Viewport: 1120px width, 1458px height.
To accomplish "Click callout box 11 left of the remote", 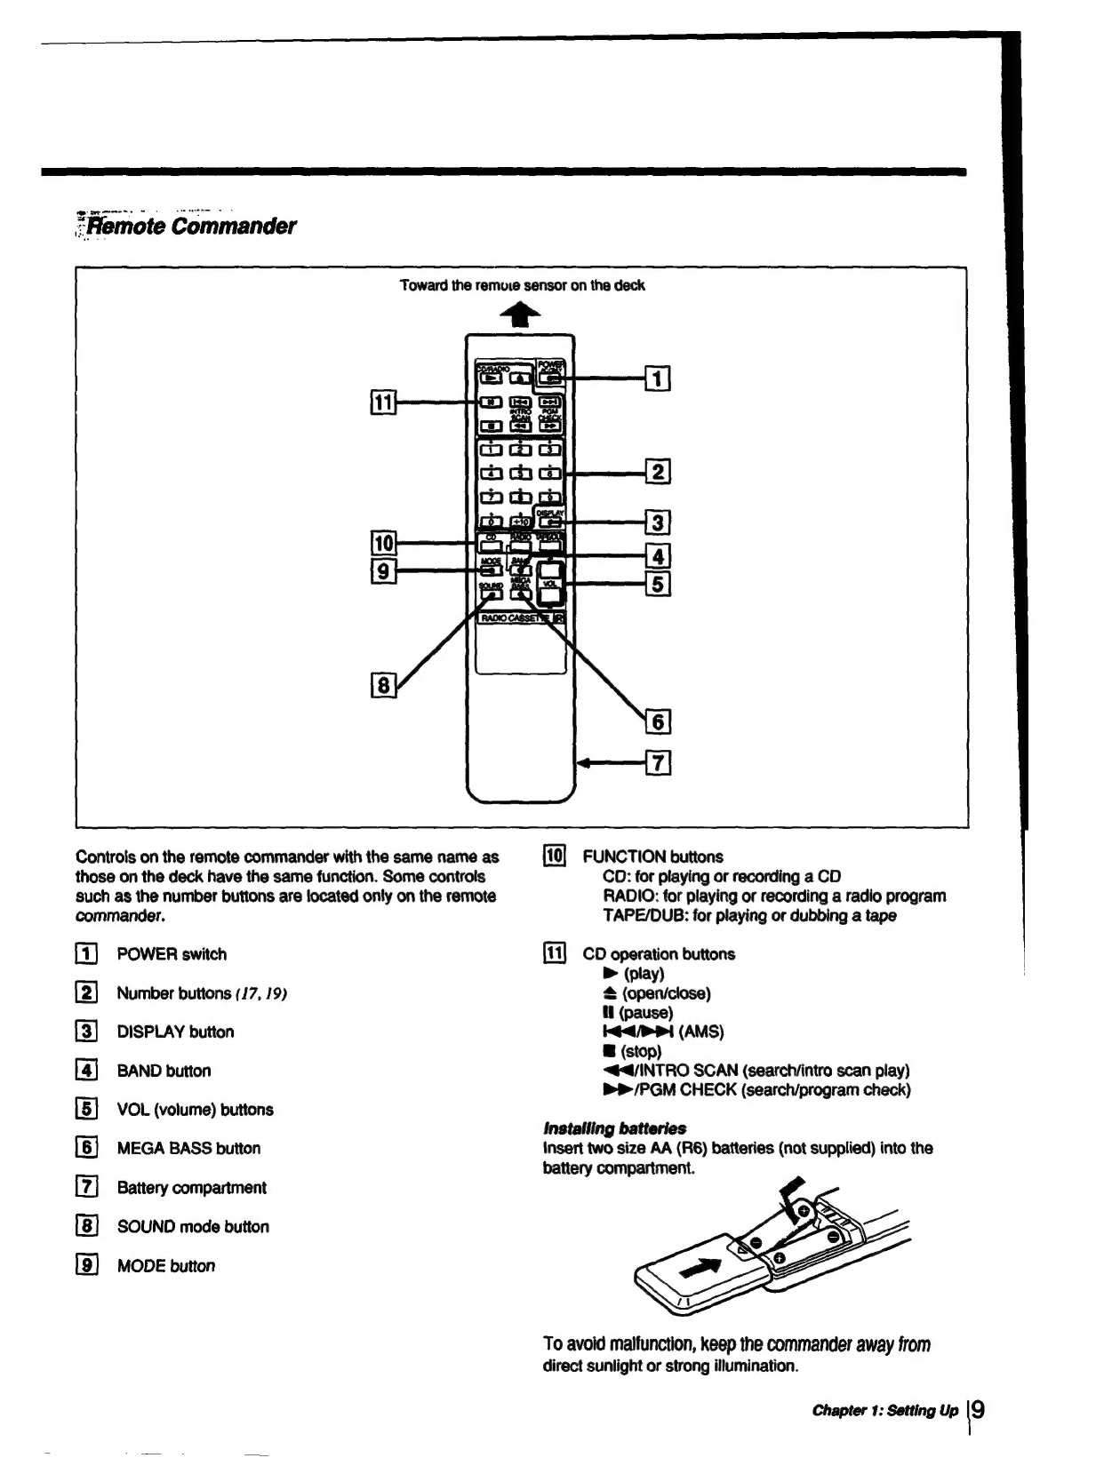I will pyautogui.click(x=382, y=402).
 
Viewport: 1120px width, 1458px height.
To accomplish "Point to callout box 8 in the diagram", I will pyautogui.click(x=382, y=686).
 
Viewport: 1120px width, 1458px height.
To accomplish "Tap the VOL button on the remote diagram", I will pyautogui.click(x=551, y=583).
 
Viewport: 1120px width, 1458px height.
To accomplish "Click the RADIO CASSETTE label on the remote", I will pyautogui.click(x=516, y=617).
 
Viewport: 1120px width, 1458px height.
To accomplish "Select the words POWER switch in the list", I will pyautogui.click(x=172, y=954).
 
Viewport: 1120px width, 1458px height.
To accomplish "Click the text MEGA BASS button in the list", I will pyautogui.click(x=188, y=1148).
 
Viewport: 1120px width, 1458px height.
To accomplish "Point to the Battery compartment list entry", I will pyautogui.click(x=191, y=1188).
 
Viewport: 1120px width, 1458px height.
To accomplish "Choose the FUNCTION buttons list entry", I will pyautogui.click(x=652, y=856).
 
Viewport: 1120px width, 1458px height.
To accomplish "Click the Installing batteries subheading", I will pyautogui.click(x=614, y=1128).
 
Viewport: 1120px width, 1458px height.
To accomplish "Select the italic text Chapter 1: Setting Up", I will pyautogui.click(x=884, y=1411).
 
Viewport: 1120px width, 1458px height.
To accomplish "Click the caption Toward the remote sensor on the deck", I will pyautogui.click(x=522, y=286).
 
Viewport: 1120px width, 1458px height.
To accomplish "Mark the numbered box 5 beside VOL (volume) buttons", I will pyautogui.click(x=87, y=1110).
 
